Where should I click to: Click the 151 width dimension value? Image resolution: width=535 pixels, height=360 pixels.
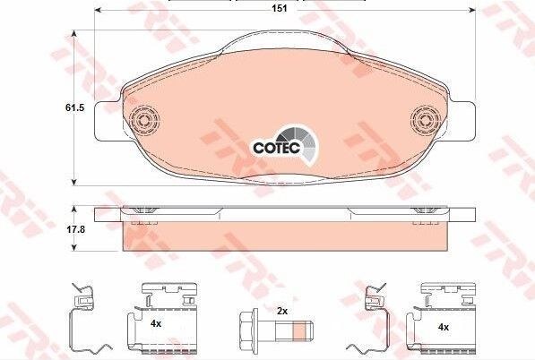(x=280, y=9)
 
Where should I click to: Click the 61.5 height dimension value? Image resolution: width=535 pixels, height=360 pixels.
(x=74, y=108)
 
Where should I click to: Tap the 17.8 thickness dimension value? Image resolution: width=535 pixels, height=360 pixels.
(x=74, y=229)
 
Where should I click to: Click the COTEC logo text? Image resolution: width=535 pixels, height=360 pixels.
(x=276, y=148)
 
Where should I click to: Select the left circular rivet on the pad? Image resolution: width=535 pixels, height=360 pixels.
(x=144, y=120)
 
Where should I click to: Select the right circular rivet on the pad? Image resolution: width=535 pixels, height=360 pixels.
(x=426, y=120)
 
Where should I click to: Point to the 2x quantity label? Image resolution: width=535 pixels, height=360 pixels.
(x=282, y=311)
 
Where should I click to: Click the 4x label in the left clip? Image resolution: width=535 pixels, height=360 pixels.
(x=156, y=324)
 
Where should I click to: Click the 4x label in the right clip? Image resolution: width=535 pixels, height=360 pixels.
(x=444, y=327)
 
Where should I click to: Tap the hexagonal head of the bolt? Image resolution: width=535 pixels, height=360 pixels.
(x=248, y=327)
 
